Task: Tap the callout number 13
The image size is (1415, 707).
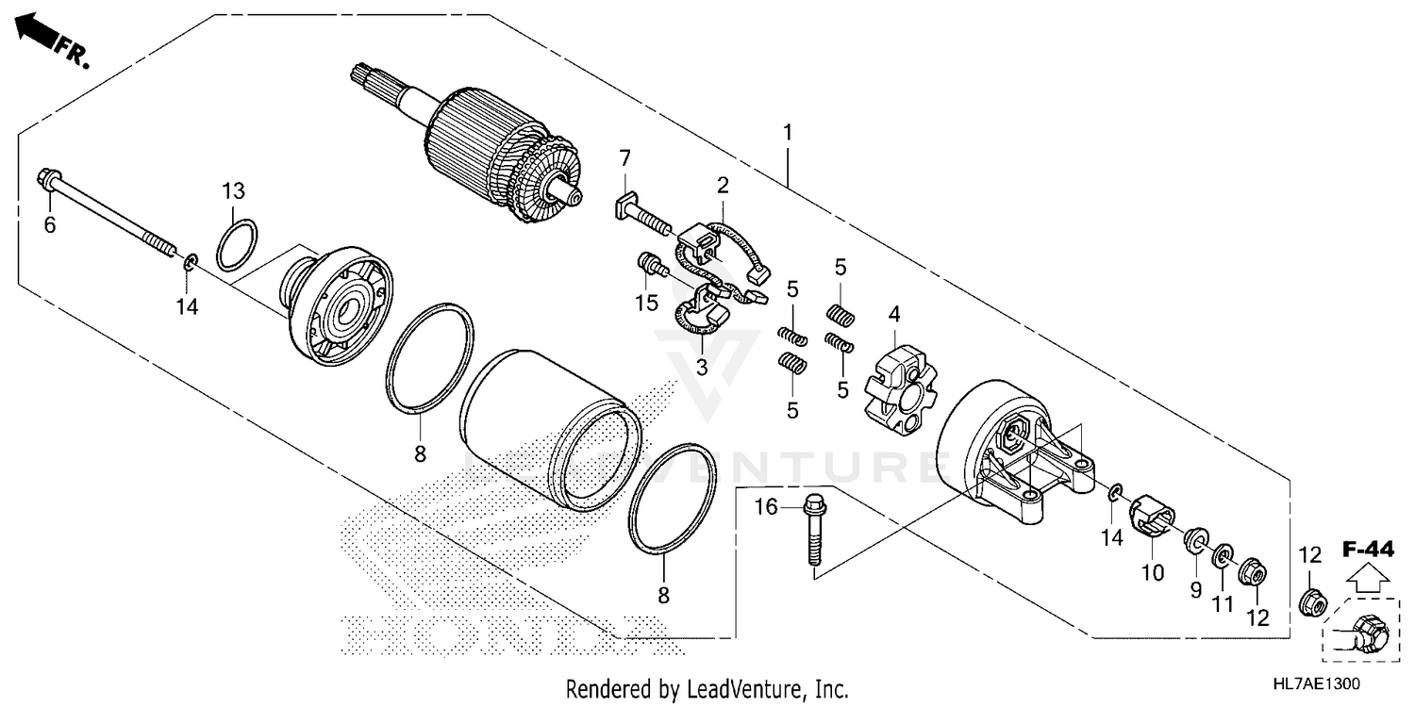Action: (x=233, y=191)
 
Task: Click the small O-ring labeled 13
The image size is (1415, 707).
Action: (x=236, y=245)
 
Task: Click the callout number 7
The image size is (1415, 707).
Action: (x=624, y=156)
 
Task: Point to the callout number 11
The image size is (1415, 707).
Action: (x=1224, y=603)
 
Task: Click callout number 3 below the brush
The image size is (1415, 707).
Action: (x=702, y=367)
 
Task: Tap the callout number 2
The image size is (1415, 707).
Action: (x=723, y=185)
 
